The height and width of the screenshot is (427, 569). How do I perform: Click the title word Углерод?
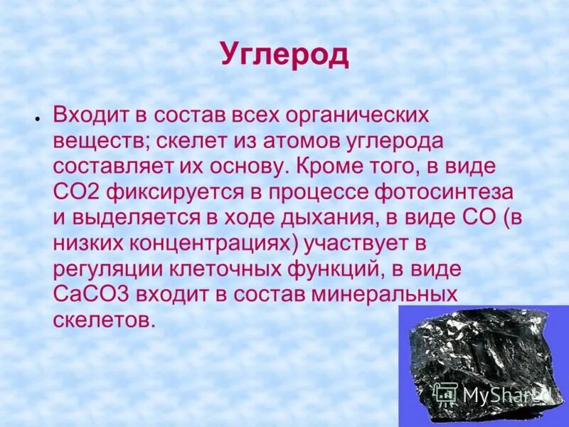(x=284, y=55)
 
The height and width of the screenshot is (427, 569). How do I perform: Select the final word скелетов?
(x=104, y=320)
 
